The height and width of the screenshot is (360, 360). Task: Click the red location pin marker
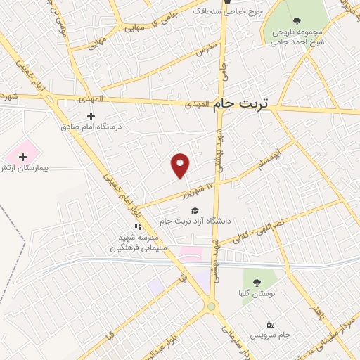click(x=181, y=165)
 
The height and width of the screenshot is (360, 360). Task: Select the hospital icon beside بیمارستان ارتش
click(x=22, y=156)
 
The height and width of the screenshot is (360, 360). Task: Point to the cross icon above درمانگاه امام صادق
click(x=91, y=115)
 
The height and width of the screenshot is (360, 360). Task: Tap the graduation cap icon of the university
click(x=194, y=210)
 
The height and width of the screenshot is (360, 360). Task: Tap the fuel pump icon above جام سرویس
click(x=270, y=323)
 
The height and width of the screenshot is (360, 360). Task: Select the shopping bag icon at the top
click(x=227, y=2)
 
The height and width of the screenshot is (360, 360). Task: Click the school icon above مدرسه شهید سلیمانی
click(x=139, y=226)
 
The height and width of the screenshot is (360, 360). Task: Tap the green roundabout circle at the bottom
click(x=210, y=306)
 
